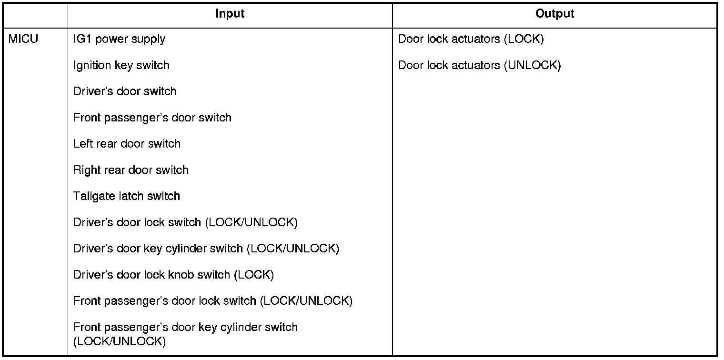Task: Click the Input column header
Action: pos(230,14)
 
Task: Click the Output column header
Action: pos(554,14)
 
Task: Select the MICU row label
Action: pos(23,39)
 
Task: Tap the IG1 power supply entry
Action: pos(119,39)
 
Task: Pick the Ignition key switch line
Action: pos(121,65)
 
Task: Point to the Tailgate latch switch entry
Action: pos(126,196)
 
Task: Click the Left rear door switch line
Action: pos(127,144)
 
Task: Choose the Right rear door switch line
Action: pos(131,170)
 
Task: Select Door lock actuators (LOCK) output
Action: pos(471,39)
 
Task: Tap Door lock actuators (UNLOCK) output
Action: pos(479,65)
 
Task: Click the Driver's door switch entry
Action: pos(125,91)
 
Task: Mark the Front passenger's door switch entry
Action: pos(152,118)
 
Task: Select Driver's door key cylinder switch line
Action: pos(206,249)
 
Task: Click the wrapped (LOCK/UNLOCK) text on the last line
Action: pos(119,341)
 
